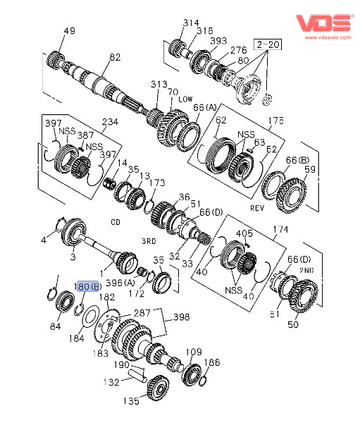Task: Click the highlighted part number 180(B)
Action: pos(87,287)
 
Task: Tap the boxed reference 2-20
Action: pos(268,44)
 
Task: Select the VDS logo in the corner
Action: pos(324,23)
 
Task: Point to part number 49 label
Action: pos(69,30)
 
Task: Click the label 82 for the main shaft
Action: pos(115,57)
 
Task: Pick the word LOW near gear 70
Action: pos(185,99)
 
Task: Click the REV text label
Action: pos(257,208)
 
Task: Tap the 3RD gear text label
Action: pos(149,241)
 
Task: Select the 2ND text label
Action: pos(306,271)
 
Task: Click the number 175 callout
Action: pos(275,121)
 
